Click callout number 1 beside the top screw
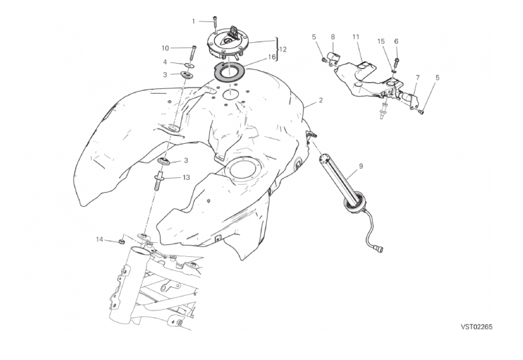(x=193, y=21)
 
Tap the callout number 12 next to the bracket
(x=282, y=50)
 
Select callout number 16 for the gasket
(x=272, y=57)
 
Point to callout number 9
(x=360, y=166)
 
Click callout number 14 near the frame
(x=100, y=240)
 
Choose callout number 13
(x=186, y=177)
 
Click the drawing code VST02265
(x=477, y=327)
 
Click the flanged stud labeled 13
(x=159, y=181)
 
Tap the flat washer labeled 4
(x=188, y=65)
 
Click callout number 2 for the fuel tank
(x=320, y=100)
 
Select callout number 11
(x=356, y=37)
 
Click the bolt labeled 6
(x=397, y=62)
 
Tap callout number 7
(x=417, y=78)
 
